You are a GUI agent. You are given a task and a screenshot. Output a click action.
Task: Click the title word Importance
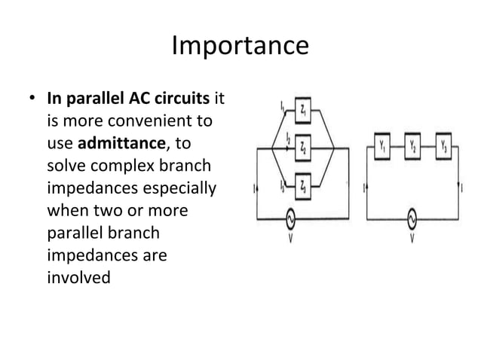240,46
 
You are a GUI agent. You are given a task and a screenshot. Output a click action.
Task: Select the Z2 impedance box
302,146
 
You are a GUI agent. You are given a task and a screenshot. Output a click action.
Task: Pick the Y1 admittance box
382,145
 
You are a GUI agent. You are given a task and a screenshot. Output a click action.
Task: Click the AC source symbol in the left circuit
287,218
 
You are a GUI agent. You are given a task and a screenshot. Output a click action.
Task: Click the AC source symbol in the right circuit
413,218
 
